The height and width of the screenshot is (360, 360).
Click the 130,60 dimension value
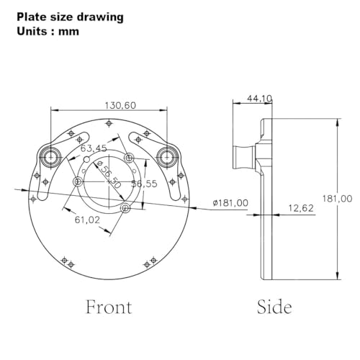pyautogui.click(x=120, y=105)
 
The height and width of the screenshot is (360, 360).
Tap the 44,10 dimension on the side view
pyautogui.click(x=259, y=99)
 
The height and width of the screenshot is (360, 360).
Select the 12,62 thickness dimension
pyautogui.click(x=301, y=208)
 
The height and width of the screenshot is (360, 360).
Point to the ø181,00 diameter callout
pyautogui.click(x=230, y=203)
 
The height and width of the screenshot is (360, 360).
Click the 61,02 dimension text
pyautogui.click(x=87, y=220)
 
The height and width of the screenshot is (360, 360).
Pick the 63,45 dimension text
pyautogui.click(x=94, y=148)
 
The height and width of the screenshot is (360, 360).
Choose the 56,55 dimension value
pyautogui.click(x=145, y=184)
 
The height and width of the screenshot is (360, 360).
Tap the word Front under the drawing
pyautogui.click(x=109, y=307)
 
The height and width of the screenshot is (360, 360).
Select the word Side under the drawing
pyautogui.click(x=274, y=307)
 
